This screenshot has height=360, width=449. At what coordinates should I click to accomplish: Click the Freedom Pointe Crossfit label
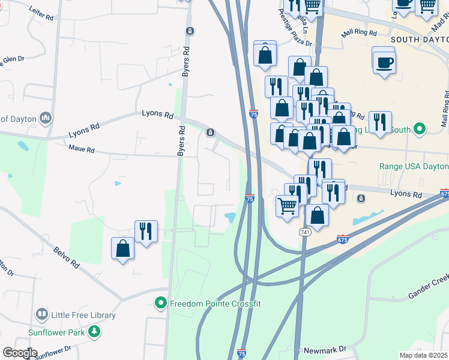215,304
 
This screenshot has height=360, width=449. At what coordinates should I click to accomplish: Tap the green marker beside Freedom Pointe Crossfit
160,304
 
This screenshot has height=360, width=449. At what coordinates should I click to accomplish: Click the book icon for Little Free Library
41,314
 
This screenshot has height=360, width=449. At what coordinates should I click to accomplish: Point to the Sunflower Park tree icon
94,331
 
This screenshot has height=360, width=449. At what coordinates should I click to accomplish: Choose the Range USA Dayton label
414,166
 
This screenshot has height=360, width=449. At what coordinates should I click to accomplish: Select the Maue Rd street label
82,148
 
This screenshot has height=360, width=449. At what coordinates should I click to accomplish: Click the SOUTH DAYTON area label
419,39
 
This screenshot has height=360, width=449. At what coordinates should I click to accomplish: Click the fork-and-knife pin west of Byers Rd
146,231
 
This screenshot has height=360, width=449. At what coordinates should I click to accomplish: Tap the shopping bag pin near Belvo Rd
122,248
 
